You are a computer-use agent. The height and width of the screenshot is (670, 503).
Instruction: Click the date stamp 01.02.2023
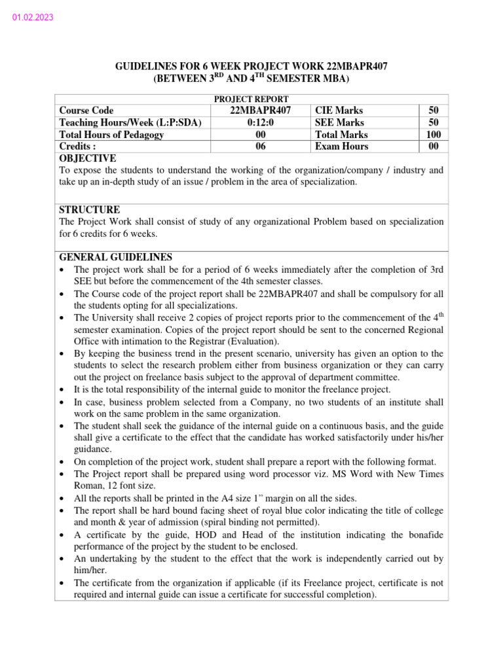pyautogui.click(x=33, y=18)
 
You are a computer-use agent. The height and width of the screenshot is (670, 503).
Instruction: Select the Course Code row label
pyautogui.click(x=86, y=111)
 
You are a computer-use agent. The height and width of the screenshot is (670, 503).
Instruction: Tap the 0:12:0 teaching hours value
pyautogui.click(x=261, y=122)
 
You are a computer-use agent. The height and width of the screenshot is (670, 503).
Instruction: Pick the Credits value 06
pyautogui.click(x=261, y=146)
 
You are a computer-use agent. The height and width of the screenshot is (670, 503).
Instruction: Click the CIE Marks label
pyautogui.click(x=339, y=111)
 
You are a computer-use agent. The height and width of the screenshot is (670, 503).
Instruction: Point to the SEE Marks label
pyautogui.click(x=339, y=122)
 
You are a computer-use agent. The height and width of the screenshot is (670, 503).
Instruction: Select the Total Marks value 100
pyautogui.click(x=433, y=134)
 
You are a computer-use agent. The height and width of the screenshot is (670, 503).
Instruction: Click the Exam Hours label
pyautogui.click(x=341, y=146)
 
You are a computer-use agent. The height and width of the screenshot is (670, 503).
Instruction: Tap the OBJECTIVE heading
pyautogui.click(x=88, y=158)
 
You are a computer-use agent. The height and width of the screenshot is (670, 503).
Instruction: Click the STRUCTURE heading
pyautogui.click(x=90, y=210)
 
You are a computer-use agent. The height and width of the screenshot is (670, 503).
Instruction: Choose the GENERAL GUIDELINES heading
pyautogui.click(x=116, y=257)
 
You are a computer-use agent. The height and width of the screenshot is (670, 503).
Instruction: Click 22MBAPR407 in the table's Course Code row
pyautogui.click(x=261, y=111)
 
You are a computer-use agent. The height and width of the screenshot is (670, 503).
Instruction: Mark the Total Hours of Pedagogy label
pyautogui.click(x=112, y=134)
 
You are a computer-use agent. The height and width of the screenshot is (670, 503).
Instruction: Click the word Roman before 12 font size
pyautogui.click(x=88, y=485)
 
